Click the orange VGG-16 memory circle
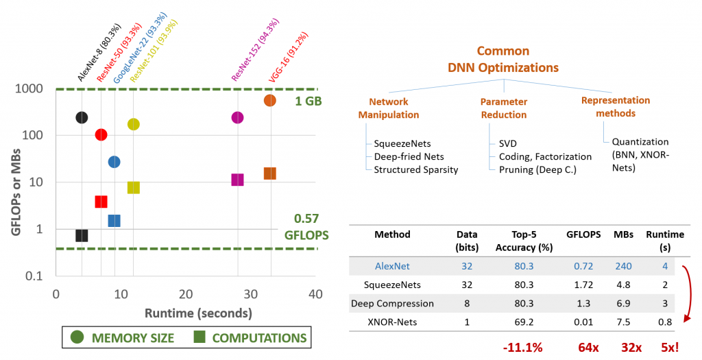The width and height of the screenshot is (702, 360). pos(269,101)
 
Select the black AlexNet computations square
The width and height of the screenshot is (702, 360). pos(82,236)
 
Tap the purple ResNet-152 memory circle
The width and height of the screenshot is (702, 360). pos(237,117)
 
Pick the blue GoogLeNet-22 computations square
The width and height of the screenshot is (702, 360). pos(114,221)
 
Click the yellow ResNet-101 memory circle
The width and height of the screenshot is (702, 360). pos(133,124)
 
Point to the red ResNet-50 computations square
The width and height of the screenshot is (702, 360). pos(101,202)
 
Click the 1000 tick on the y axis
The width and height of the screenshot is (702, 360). pos(32,88)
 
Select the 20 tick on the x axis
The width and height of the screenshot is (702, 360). pos(185,294)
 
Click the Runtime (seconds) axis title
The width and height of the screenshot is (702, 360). pos(198,313)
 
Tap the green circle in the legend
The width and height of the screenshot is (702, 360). pos(77,337)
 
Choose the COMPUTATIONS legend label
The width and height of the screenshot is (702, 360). pos(259,338)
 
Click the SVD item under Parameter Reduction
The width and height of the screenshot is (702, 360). pos(507,144)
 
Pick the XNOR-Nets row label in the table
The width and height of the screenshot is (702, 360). pos(391,322)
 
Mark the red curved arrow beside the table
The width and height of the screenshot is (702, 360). pos(686,291)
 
